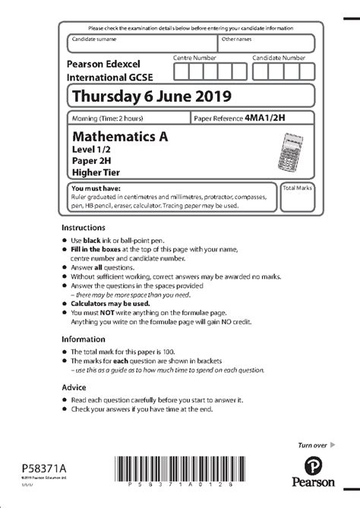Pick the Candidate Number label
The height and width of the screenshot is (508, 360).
279,58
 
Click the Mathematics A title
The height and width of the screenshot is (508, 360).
119,137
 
